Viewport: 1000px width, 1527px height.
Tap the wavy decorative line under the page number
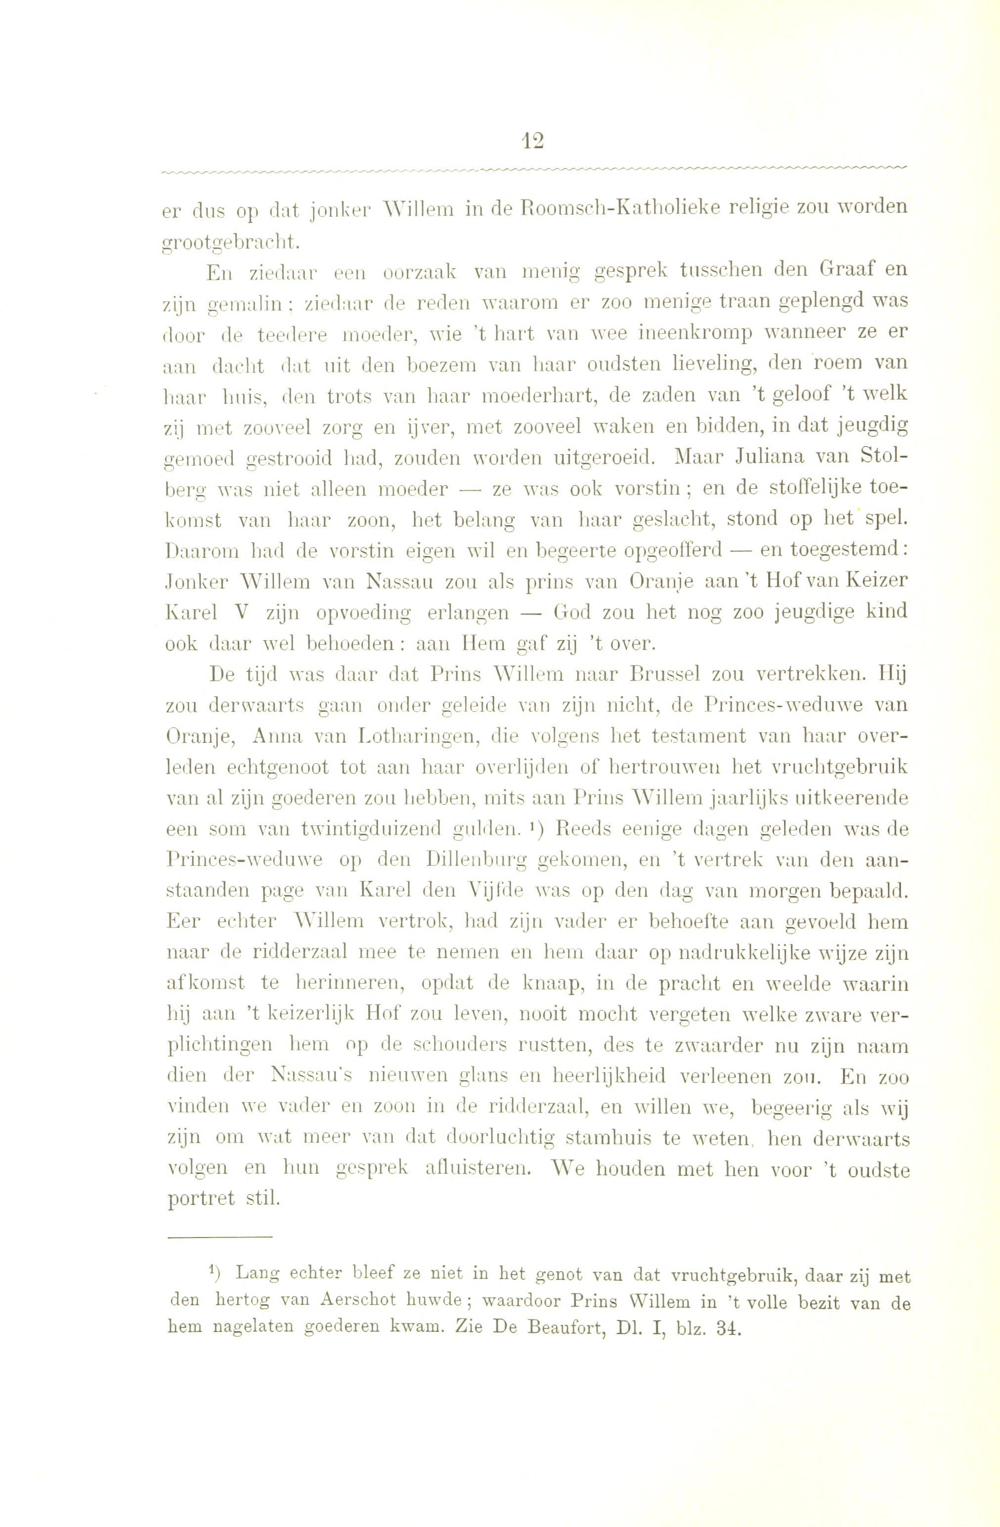coord(533,169)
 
